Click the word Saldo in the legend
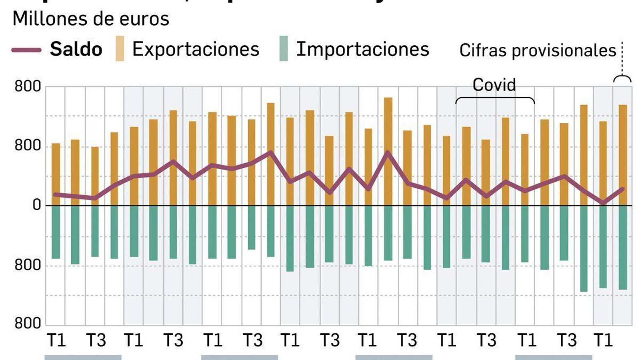[76, 50]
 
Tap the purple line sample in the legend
[26, 50]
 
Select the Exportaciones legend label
[196, 50]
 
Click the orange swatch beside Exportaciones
[120, 49]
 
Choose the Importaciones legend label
[362, 50]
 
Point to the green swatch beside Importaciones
[283, 49]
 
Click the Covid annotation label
[494, 85]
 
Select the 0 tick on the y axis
[37, 205]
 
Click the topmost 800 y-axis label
[28, 87]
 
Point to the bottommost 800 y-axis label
[28, 323]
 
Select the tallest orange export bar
[388, 151]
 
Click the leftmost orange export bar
[56, 174]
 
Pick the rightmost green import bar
[623, 247]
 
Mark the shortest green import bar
[251, 227]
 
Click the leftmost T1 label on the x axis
[56, 340]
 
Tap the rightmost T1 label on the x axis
[603, 340]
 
